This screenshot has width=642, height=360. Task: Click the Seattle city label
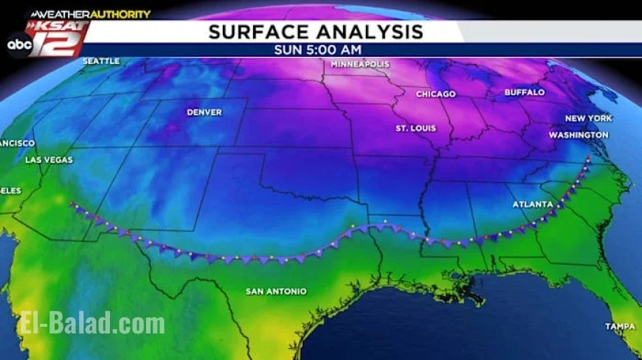click(x=101, y=61)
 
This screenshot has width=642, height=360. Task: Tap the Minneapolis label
click(x=359, y=64)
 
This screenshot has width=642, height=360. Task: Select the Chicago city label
click(x=435, y=94)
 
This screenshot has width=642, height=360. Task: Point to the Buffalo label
click(x=524, y=93)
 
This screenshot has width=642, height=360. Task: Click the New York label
click(x=588, y=118)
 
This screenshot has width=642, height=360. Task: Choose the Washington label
click(x=579, y=135)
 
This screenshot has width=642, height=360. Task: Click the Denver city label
click(x=204, y=112)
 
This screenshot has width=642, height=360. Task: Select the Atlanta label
click(x=533, y=204)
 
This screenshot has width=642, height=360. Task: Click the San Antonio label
click(x=275, y=291)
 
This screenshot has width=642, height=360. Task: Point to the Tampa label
click(x=620, y=326)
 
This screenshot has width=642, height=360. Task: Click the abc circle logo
click(x=19, y=44)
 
